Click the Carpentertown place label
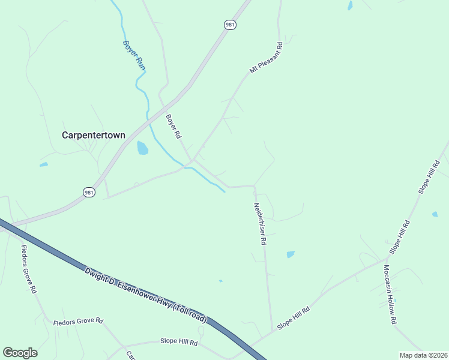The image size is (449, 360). click(94, 135)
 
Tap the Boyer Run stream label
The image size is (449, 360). click(134, 55)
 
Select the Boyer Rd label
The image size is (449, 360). click(173, 127)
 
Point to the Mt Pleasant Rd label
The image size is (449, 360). click(266, 58)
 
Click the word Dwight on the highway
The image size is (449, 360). click(98, 276)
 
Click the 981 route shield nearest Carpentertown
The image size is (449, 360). click(89, 192)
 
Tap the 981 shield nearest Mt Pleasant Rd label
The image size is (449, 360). click(230, 25)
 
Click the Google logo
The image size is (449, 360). click(20, 353)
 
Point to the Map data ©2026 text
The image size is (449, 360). click(423, 355)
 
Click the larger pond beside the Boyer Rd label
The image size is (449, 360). click(142, 148)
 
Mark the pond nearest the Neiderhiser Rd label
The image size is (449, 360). click(291, 254)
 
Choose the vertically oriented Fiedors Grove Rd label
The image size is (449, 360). click(29, 268)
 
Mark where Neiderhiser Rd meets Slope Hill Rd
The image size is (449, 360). click(274, 329)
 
